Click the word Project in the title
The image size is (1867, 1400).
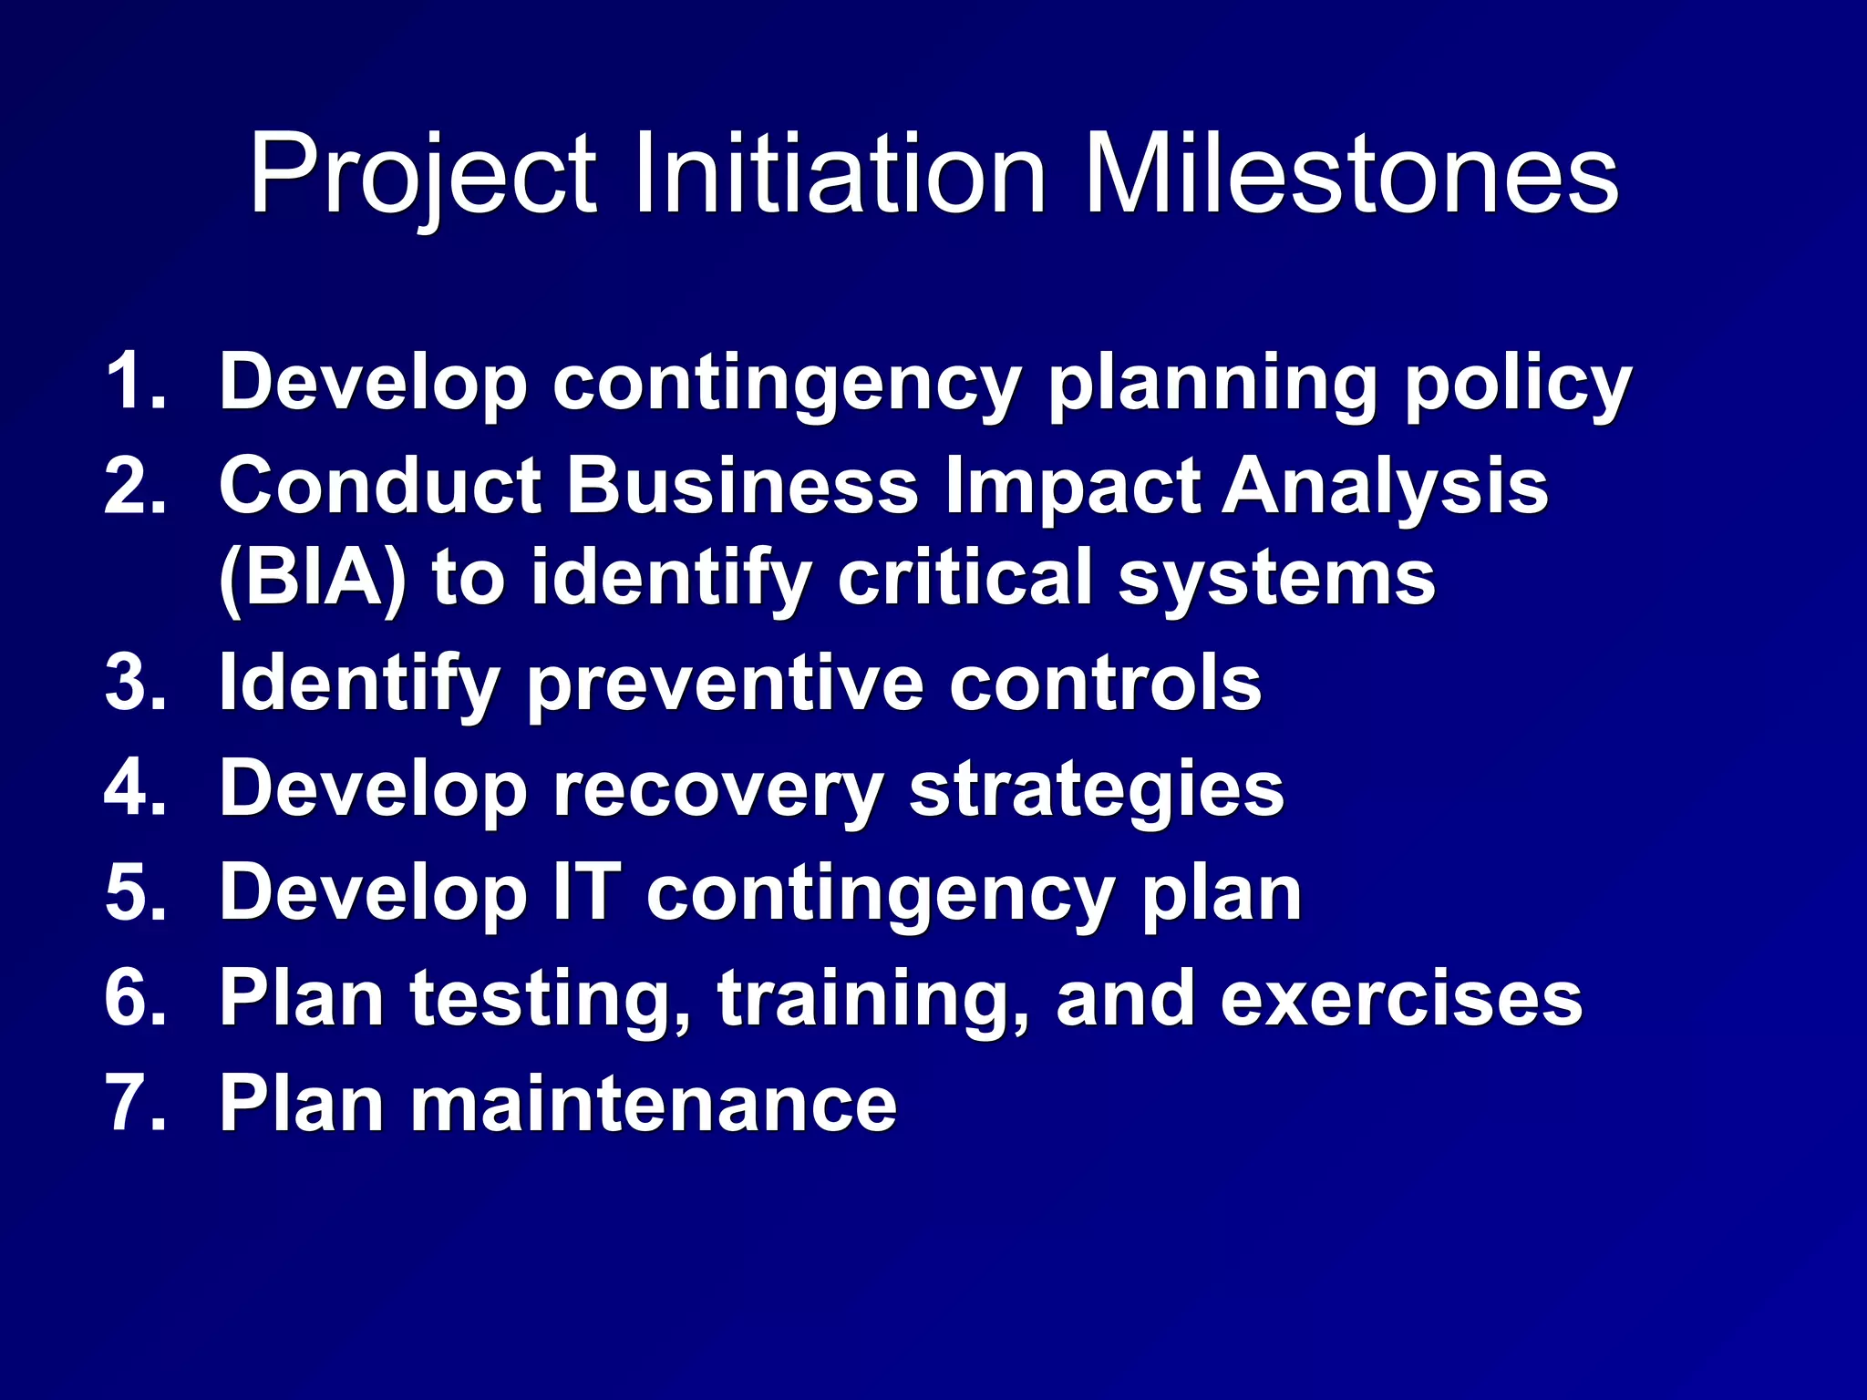(x=423, y=175)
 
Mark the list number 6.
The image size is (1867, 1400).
(x=135, y=997)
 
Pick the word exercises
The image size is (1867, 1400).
(x=1401, y=997)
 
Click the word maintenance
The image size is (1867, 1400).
(x=654, y=1103)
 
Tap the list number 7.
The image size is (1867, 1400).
(x=135, y=1103)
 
